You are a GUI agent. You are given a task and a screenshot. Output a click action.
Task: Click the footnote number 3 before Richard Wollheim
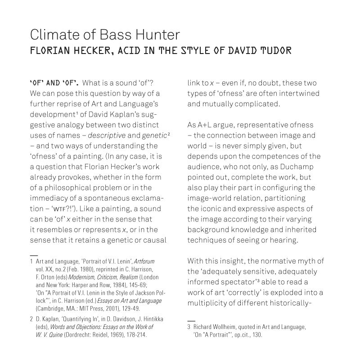(x=189, y=327)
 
